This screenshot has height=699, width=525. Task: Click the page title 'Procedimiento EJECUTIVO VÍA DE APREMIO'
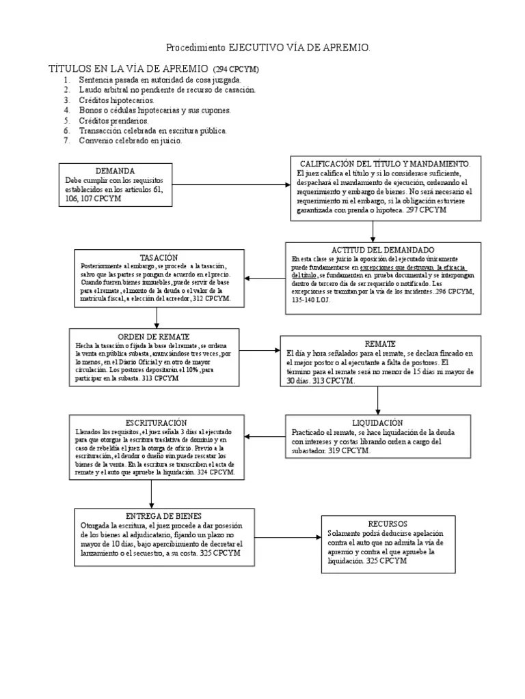click(269, 48)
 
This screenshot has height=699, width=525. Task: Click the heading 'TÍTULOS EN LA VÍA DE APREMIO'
click(129, 70)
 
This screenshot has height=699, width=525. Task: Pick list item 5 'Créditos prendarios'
click(113, 120)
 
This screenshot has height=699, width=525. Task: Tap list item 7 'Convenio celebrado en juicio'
click(131, 141)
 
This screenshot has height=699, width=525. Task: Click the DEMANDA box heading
click(115, 170)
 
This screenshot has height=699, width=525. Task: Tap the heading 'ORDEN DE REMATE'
click(154, 337)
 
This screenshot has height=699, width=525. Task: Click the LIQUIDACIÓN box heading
click(377, 423)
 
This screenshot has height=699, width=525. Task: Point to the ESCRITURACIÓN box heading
click(157, 423)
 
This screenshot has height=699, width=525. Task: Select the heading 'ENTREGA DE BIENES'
click(164, 515)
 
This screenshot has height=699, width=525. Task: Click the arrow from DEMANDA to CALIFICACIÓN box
click(226, 184)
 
